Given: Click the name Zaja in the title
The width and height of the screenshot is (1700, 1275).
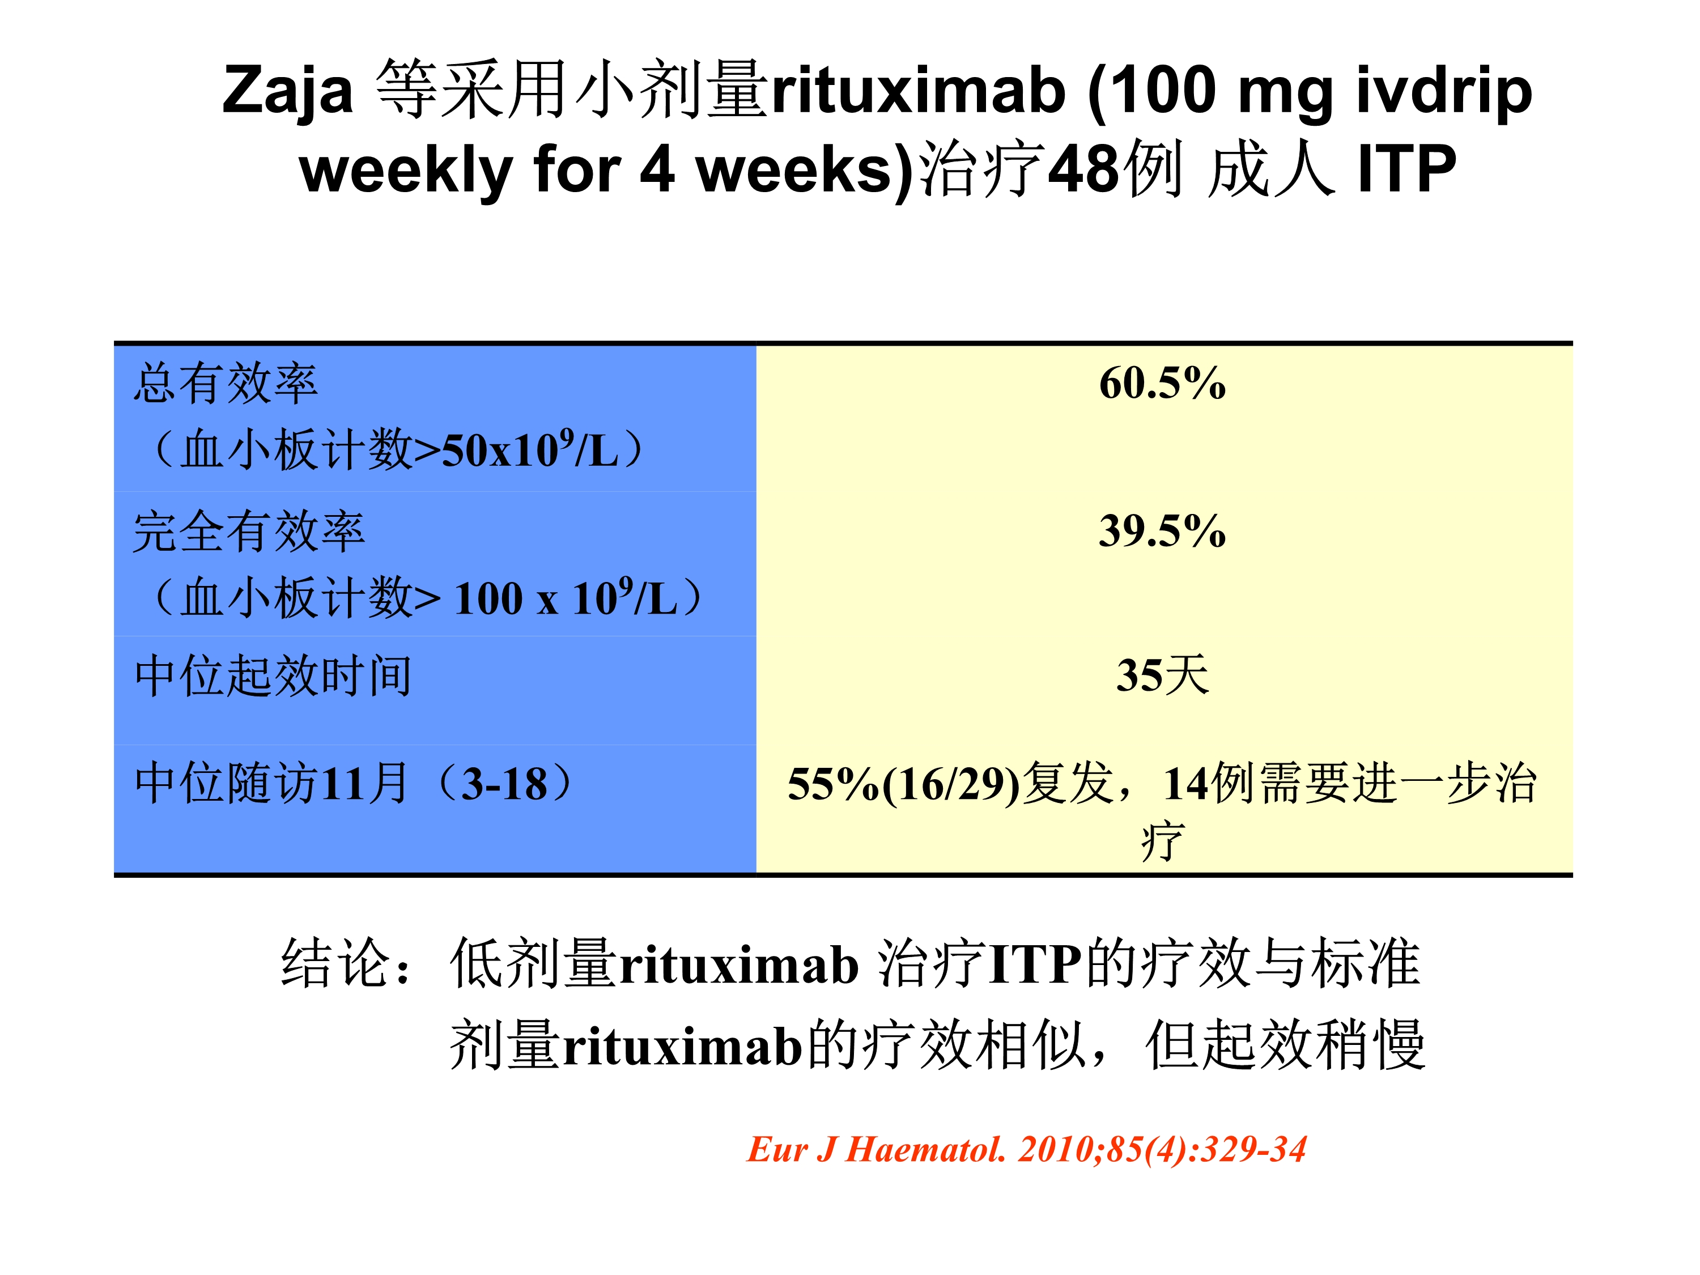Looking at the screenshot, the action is (x=287, y=90).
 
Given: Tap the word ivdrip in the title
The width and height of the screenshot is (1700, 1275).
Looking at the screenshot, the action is (x=1444, y=90).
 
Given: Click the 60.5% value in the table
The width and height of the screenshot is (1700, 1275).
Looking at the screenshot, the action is (x=1162, y=382).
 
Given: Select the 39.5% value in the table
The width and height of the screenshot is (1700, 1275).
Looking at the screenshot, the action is (x=1162, y=530).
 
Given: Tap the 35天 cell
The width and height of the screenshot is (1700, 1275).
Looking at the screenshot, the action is (x=1163, y=675).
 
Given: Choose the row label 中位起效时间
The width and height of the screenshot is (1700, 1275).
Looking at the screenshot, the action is (x=273, y=675).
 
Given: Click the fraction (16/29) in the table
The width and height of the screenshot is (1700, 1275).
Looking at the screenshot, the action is (x=951, y=785).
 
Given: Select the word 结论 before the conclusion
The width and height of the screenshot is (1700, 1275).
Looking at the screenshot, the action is (x=337, y=962).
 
